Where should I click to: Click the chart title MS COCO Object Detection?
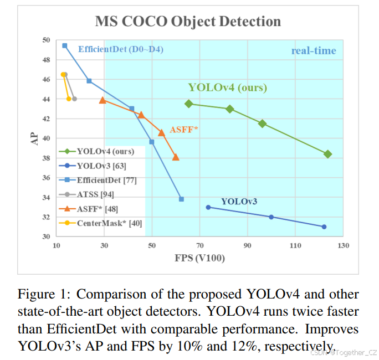[x=188, y=22]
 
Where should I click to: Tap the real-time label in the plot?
[x=314, y=51]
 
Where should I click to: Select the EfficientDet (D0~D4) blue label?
[x=121, y=49]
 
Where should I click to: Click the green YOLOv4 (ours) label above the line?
[x=227, y=88]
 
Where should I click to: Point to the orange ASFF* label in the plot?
[x=184, y=130]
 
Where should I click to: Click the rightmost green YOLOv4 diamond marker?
[x=327, y=154]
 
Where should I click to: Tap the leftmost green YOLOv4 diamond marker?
[x=189, y=104]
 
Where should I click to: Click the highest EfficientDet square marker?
[x=65, y=45]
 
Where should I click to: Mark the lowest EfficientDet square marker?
[x=181, y=199]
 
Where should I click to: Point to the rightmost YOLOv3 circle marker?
[x=324, y=227]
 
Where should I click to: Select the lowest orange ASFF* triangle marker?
[x=176, y=157]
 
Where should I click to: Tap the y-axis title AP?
[x=33, y=139]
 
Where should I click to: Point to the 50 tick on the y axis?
[x=45, y=40]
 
